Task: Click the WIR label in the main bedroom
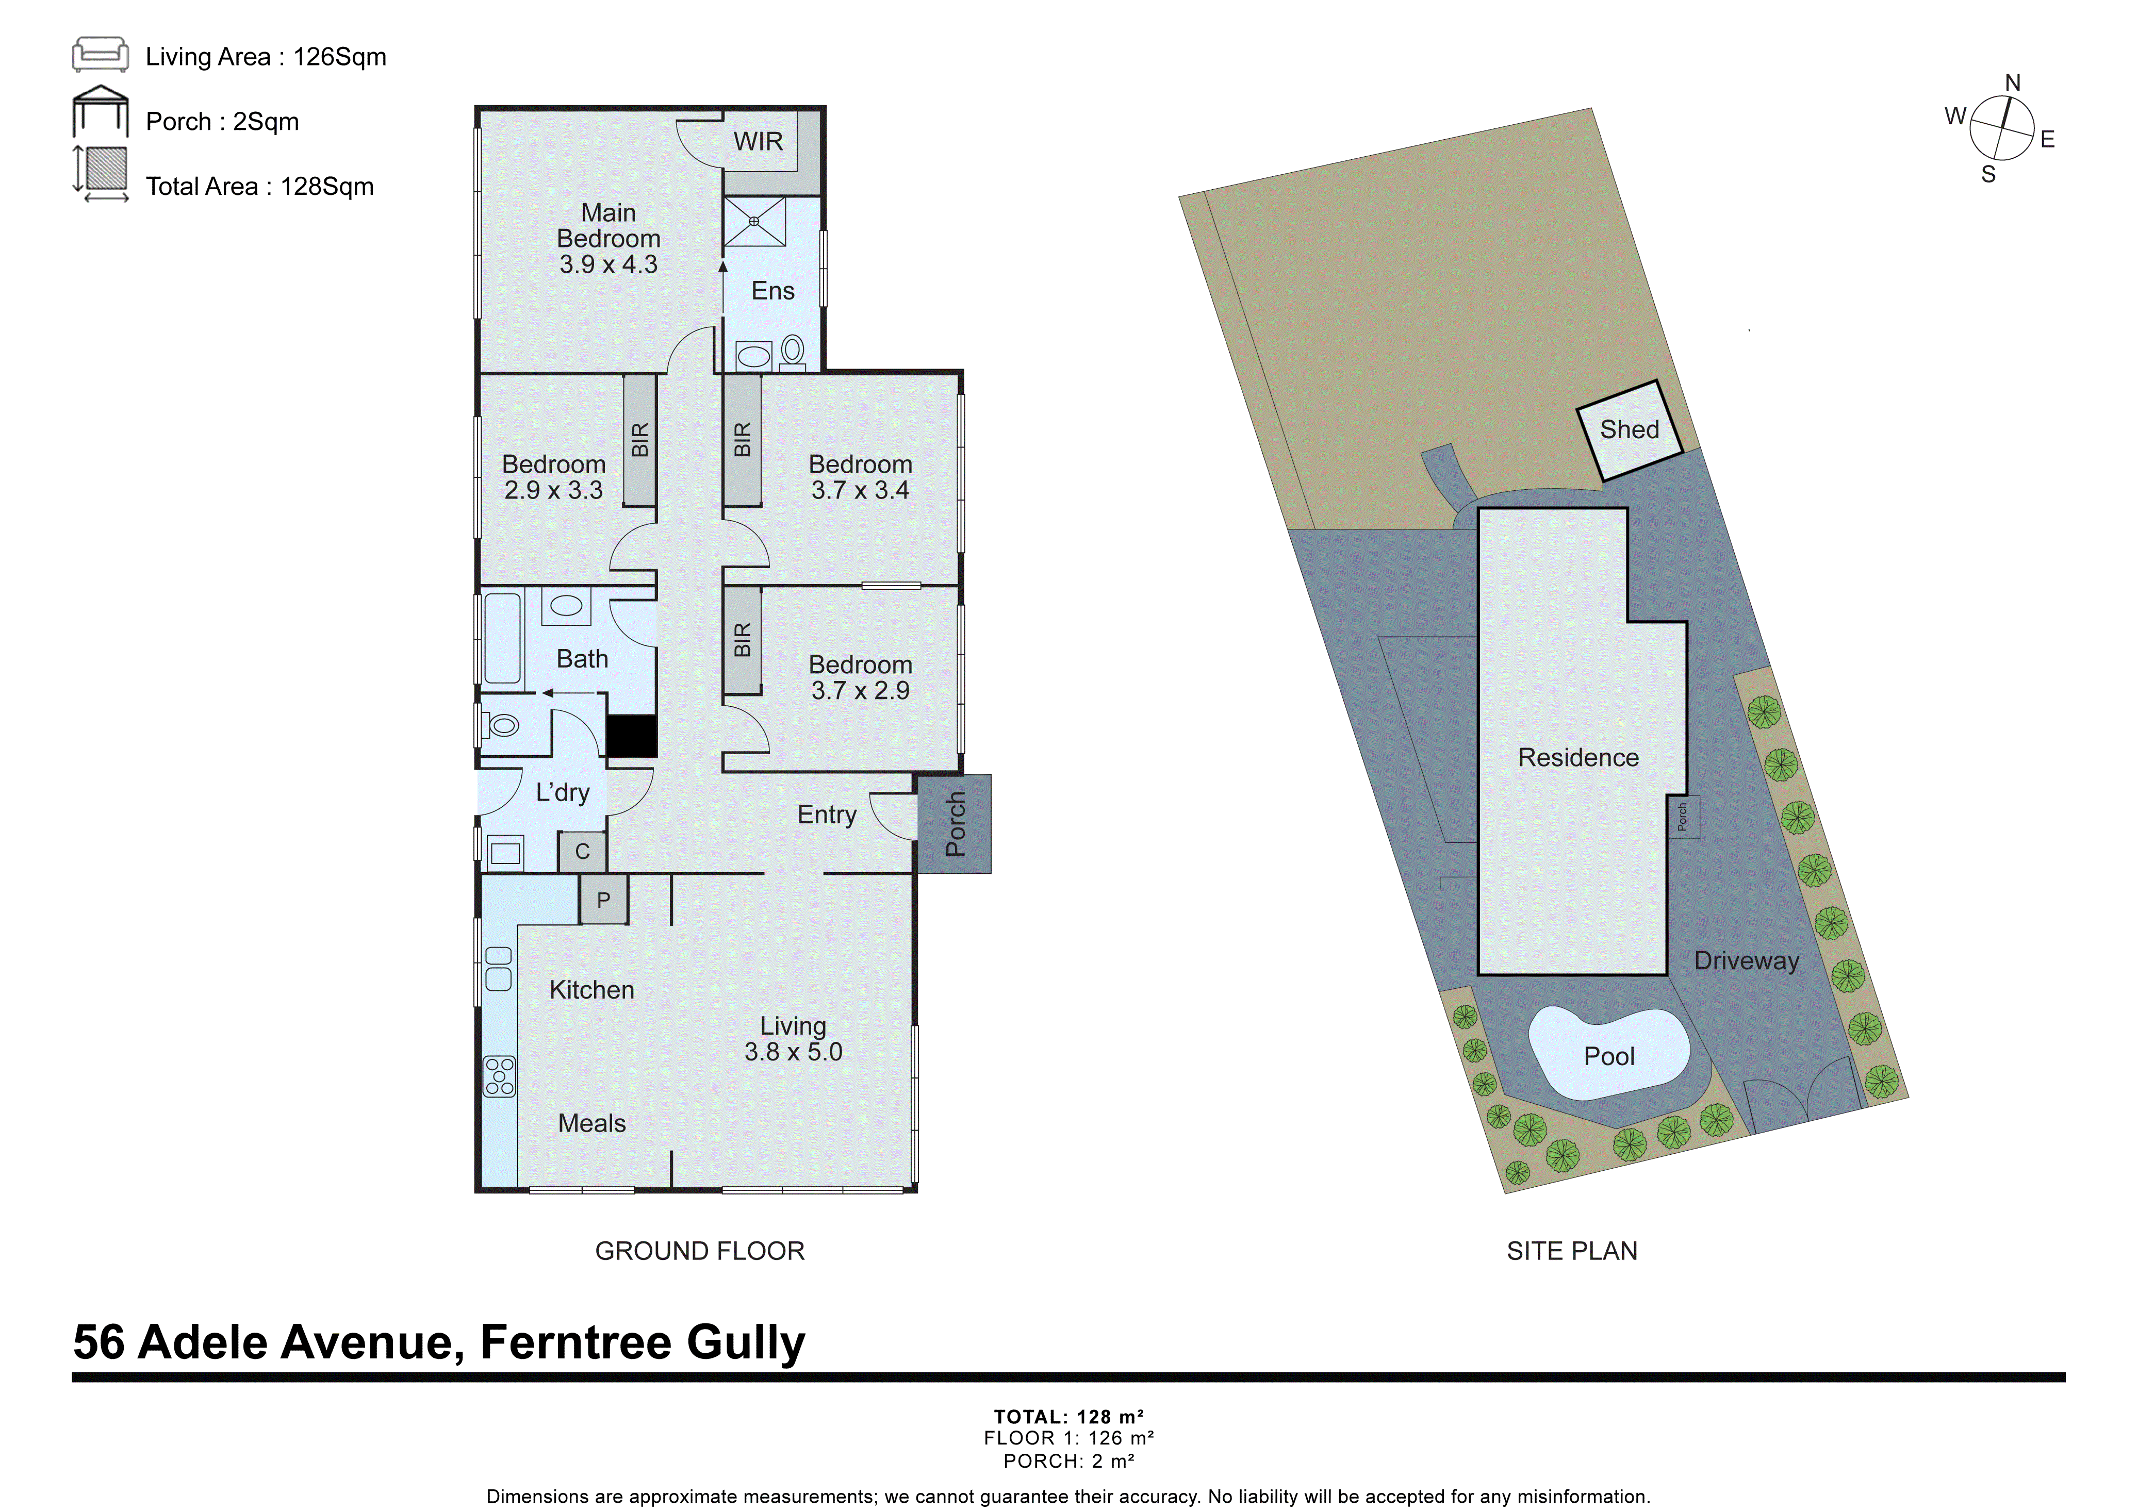(x=758, y=141)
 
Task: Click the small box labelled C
(x=582, y=851)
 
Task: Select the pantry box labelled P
(x=603, y=900)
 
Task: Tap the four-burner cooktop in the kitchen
(x=499, y=1077)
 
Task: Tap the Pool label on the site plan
(x=1609, y=1056)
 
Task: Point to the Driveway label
(x=1746, y=961)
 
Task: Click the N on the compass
(x=2012, y=83)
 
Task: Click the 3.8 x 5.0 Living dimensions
(x=793, y=1052)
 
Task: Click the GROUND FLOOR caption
(x=699, y=1251)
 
